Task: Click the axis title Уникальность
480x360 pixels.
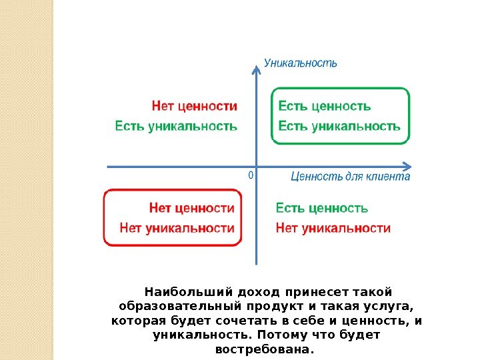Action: pos(301,63)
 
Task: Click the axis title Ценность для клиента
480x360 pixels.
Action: pos(350,177)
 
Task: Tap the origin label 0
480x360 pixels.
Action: pos(250,175)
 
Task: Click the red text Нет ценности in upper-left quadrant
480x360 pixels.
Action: pos(195,106)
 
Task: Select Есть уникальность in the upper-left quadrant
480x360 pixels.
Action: pos(176,125)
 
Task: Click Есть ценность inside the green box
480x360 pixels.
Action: pos(324,106)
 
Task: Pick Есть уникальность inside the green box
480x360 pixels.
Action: pos(339,125)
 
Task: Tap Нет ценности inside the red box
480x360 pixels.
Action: pos(192,208)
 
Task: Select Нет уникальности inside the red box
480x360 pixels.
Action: pos(177,228)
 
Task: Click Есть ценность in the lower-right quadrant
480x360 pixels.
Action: pos(322,208)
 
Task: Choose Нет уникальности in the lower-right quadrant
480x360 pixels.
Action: pos(333,228)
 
